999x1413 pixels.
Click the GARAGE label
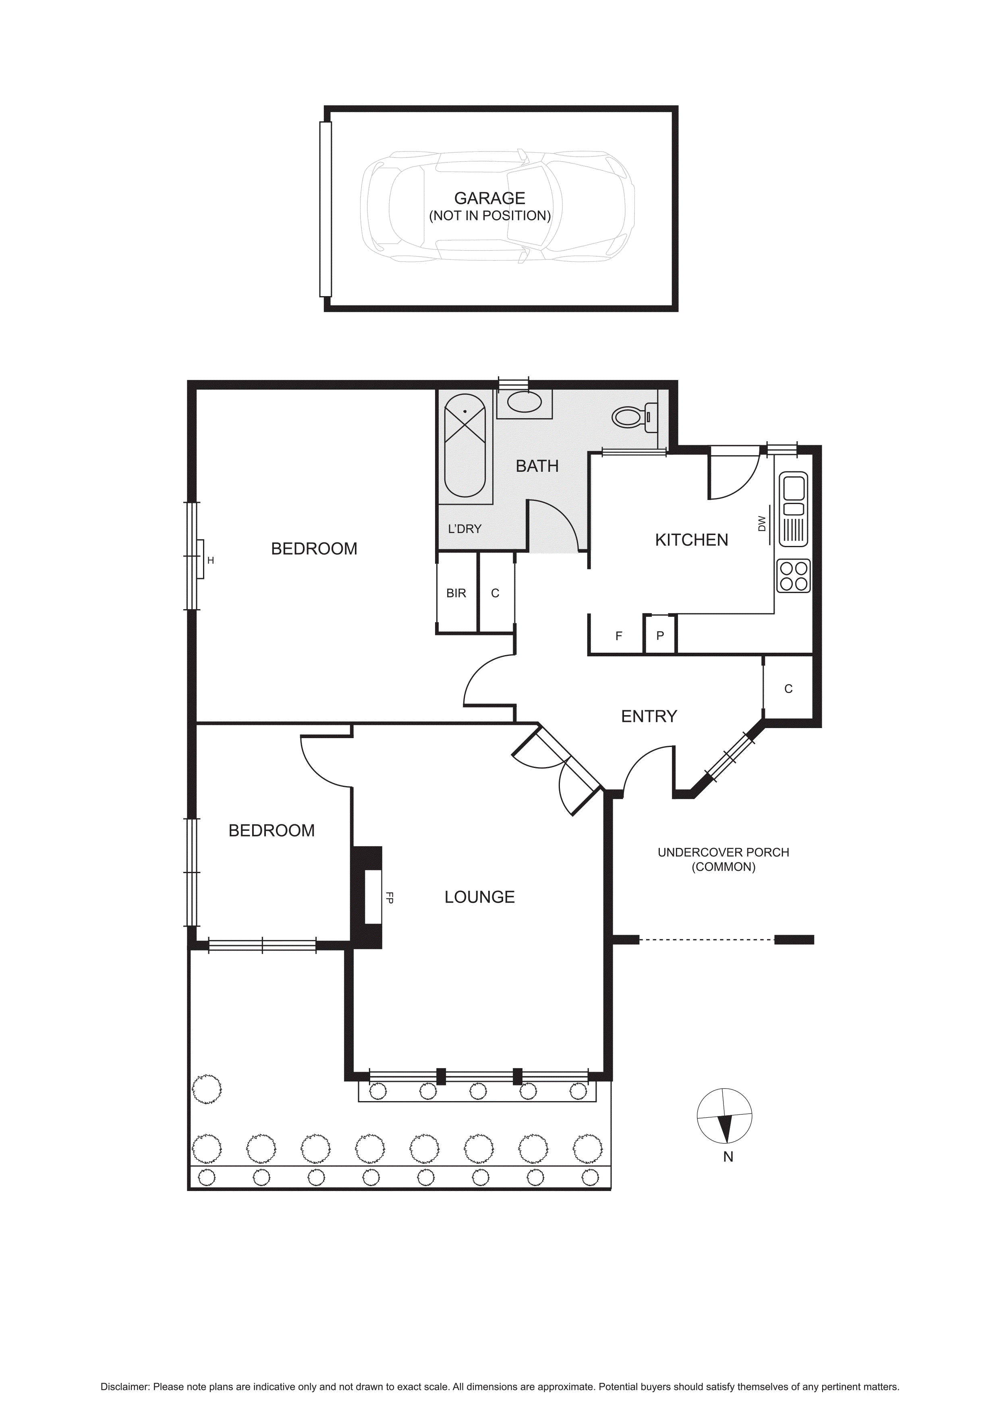tap(490, 198)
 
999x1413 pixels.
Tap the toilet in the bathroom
tap(634, 417)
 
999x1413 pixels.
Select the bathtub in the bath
tap(465, 445)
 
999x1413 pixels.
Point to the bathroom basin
tap(524, 403)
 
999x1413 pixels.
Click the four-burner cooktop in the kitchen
tap(794, 575)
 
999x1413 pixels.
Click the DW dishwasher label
tap(762, 524)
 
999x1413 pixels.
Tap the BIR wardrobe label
tap(456, 593)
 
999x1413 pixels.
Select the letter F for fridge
tap(619, 636)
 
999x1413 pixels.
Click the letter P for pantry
tap(660, 636)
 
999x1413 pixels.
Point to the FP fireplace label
tap(389, 898)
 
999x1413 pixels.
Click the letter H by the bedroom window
tap(210, 560)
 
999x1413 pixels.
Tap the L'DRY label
tap(464, 529)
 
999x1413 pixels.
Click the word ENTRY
tap(649, 716)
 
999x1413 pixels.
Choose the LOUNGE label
tap(480, 897)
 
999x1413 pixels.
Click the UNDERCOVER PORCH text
tap(723, 853)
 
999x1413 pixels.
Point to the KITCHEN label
tap(691, 540)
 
